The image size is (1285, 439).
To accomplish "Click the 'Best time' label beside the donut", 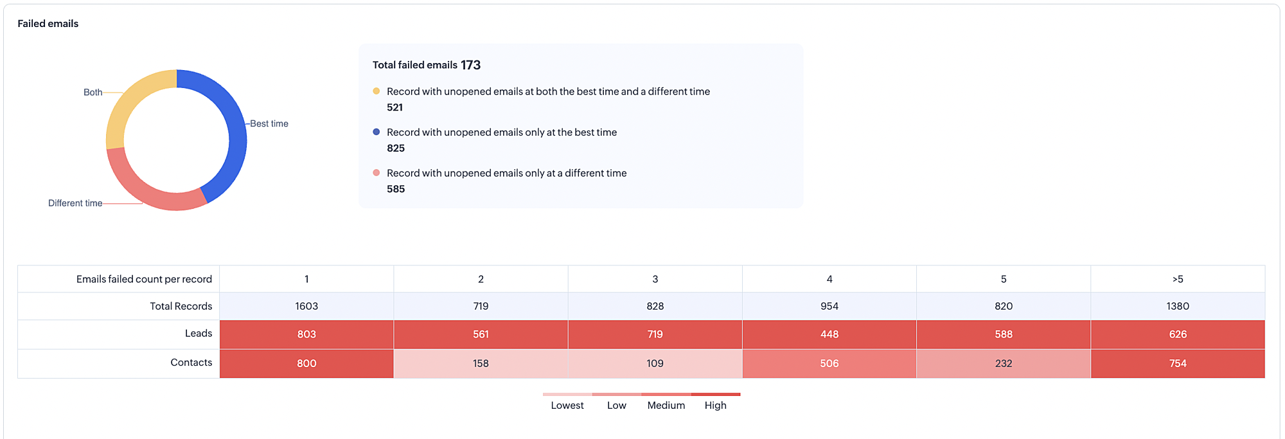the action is point(269,123).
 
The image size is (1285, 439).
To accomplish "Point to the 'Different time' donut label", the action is point(75,203).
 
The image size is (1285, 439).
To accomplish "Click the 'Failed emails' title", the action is point(48,24).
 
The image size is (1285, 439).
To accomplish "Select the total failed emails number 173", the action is point(470,65).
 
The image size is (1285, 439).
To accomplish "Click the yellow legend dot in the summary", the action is point(377,91).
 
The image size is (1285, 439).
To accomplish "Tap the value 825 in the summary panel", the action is point(396,148).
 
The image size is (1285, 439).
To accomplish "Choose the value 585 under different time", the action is point(396,189).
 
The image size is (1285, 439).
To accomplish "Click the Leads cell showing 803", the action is point(306,334).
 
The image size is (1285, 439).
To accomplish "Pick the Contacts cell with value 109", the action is point(655,363).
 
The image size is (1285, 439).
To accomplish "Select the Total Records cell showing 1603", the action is point(306,306).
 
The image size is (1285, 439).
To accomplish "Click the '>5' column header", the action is point(1178,279).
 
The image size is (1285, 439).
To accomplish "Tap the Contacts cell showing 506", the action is point(829,363).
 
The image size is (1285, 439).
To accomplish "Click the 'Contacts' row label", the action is point(191,363).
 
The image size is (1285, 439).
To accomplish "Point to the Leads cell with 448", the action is point(829,334).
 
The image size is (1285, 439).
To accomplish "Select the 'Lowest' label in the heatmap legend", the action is point(567,406).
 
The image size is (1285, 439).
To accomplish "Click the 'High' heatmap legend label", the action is point(715,406).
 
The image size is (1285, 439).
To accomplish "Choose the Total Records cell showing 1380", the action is point(1178,306).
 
